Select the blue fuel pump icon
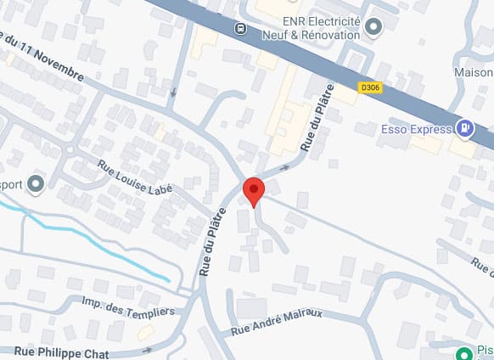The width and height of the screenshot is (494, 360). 465,129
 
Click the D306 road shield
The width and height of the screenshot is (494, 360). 369,87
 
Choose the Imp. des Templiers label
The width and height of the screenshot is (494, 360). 128,307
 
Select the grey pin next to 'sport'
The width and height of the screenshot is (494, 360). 36,183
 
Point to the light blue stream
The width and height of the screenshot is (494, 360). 93,245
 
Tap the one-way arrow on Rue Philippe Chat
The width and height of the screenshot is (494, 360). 148,349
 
